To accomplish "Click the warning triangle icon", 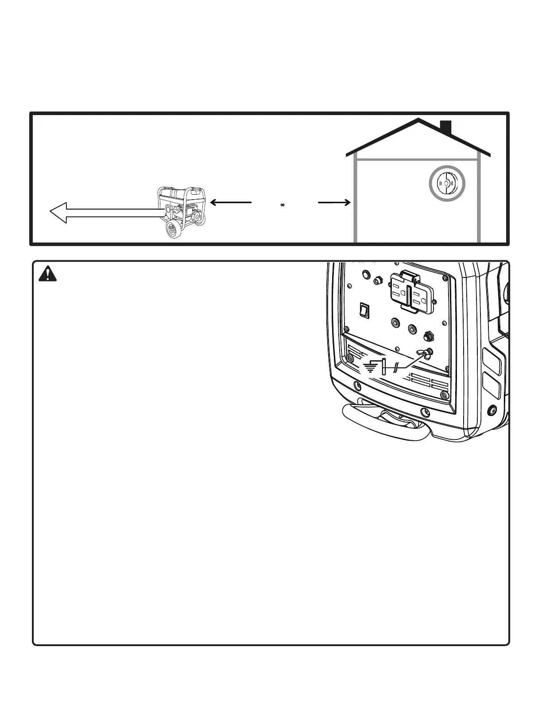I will pos(47,275).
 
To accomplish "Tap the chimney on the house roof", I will pos(445,127).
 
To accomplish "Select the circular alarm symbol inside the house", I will pos(447,183).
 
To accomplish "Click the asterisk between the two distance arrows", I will pos(282,205).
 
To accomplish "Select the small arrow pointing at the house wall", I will pos(335,203).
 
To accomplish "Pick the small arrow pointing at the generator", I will pos(230,202).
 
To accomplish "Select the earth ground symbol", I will pos(371,367).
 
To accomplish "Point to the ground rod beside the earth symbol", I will pos(384,367).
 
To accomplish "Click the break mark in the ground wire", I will pos(397,367).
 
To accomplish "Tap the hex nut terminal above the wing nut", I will pos(429,337).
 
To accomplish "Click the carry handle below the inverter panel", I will pos(385,425).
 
